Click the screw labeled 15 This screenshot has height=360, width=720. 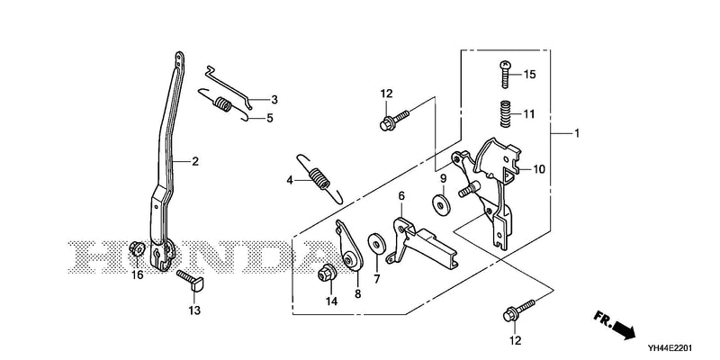505,74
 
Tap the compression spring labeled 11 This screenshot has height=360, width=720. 505,114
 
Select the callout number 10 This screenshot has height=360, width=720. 538,169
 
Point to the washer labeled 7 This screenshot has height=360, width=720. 376,242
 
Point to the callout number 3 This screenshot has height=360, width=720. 274,99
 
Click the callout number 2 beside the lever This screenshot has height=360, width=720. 195,161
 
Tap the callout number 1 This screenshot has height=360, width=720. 577,133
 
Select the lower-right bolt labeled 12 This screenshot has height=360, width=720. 520,310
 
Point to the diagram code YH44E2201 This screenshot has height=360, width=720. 670,348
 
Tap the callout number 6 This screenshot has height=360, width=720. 401,196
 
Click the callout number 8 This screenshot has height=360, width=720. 357,294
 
